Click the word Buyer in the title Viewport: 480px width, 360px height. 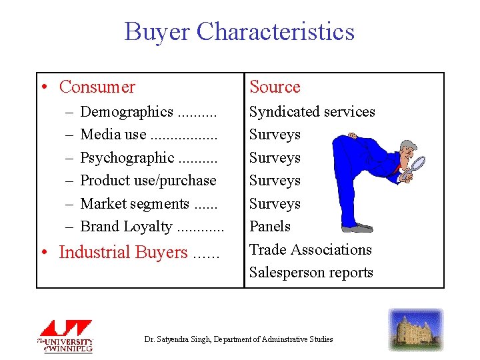157,32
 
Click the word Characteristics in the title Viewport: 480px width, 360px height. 276,32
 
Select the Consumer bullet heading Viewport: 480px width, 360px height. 97,87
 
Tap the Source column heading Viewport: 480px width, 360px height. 275,87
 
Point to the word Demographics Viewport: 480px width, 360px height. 127,112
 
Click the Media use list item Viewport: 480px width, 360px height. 113,135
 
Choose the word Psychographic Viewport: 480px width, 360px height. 127,158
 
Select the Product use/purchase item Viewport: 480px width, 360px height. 148,181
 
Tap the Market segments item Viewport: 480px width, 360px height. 135,204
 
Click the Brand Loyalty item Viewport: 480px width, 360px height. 126,227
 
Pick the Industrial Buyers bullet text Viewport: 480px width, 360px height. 123,253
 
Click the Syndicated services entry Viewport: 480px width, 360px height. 312,112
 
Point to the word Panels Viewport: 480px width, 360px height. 270,227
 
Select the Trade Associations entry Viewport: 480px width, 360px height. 310,250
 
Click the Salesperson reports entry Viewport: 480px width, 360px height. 311,273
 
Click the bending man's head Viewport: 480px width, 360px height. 408,150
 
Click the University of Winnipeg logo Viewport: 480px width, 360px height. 65,336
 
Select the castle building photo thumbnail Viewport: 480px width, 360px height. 416,329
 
